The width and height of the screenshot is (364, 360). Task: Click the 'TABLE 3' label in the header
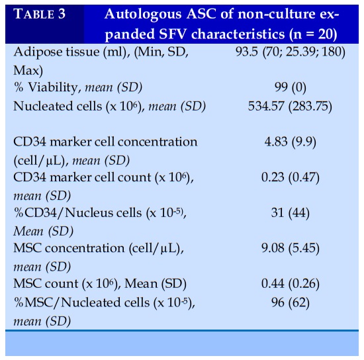click(x=39, y=14)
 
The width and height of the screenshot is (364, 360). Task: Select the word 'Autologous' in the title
click(x=143, y=15)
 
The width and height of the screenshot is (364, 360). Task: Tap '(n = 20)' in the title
click(x=313, y=34)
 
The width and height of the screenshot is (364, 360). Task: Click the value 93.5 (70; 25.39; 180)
click(x=290, y=52)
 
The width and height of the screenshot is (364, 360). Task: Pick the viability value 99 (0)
click(x=290, y=87)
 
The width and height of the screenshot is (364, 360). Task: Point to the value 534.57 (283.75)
click(x=290, y=107)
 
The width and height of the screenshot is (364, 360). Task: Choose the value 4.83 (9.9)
click(x=290, y=142)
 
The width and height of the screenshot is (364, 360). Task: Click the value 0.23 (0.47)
click(x=290, y=177)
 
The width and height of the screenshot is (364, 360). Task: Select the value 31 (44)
click(x=290, y=212)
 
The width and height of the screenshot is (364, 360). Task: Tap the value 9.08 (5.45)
click(x=290, y=248)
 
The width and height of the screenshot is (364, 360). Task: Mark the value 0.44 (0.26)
click(x=290, y=284)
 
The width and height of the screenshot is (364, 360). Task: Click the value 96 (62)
click(x=290, y=302)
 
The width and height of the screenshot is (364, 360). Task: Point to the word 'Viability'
click(x=53, y=88)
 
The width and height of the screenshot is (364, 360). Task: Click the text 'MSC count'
click(x=46, y=284)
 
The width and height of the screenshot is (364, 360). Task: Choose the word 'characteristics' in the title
click(x=238, y=34)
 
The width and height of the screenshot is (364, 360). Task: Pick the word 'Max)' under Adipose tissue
click(x=28, y=71)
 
